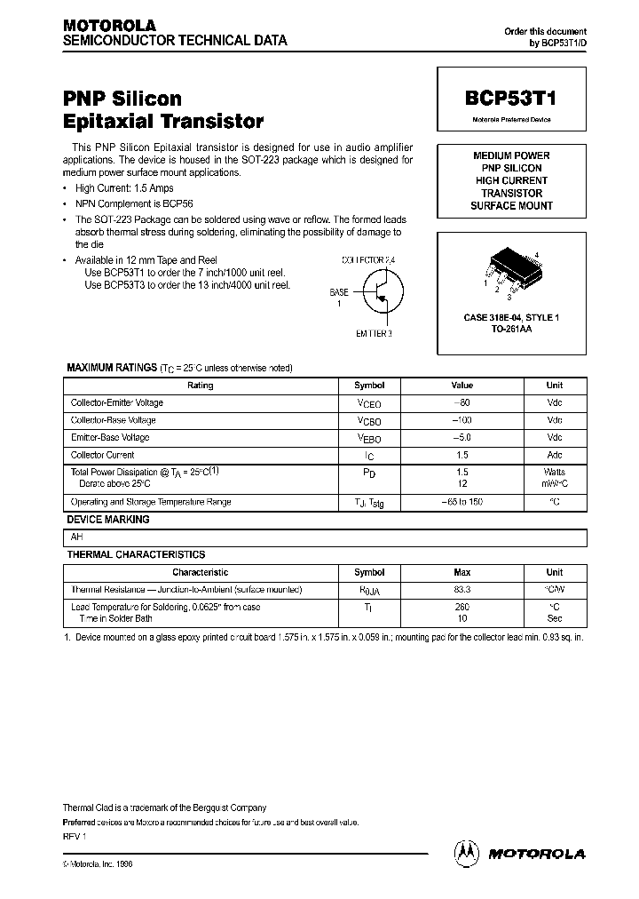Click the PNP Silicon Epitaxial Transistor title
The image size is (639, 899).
click(x=163, y=109)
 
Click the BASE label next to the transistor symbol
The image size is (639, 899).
click(x=338, y=291)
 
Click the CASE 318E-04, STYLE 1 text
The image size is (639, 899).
click(x=512, y=317)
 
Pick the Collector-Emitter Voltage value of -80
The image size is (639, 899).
click(x=461, y=402)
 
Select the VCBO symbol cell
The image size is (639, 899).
click(x=369, y=420)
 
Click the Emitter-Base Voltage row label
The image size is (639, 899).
click(x=110, y=437)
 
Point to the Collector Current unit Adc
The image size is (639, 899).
click(x=555, y=455)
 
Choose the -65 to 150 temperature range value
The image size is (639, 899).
click(x=461, y=502)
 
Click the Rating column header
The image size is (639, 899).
click(x=201, y=386)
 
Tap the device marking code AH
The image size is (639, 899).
click(x=76, y=537)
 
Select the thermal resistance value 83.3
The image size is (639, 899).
click(x=461, y=590)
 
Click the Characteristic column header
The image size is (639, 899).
click(x=201, y=573)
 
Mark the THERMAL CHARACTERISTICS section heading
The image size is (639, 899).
click(x=136, y=555)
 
